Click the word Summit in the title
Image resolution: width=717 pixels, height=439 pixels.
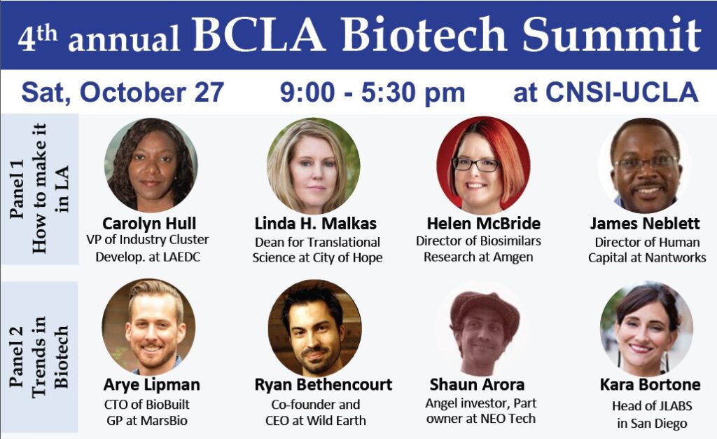(x=611, y=34)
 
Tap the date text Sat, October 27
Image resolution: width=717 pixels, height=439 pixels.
(x=123, y=92)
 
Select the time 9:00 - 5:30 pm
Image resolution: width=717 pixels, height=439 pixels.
(x=373, y=92)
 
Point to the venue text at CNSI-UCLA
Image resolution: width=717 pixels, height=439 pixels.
(x=606, y=92)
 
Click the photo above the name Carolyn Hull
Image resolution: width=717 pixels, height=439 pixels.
(x=151, y=165)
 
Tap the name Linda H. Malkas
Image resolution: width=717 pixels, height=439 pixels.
(x=316, y=224)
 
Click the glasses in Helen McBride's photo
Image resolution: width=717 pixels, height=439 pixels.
(x=475, y=164)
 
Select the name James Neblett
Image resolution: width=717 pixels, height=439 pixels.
(x=645, y=224)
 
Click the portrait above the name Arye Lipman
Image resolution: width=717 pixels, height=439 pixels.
(x=148, y=327)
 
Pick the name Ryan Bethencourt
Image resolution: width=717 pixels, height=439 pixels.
(x=323, y=384)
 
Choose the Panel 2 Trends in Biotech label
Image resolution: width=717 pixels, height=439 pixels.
(x=39, y=357)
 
